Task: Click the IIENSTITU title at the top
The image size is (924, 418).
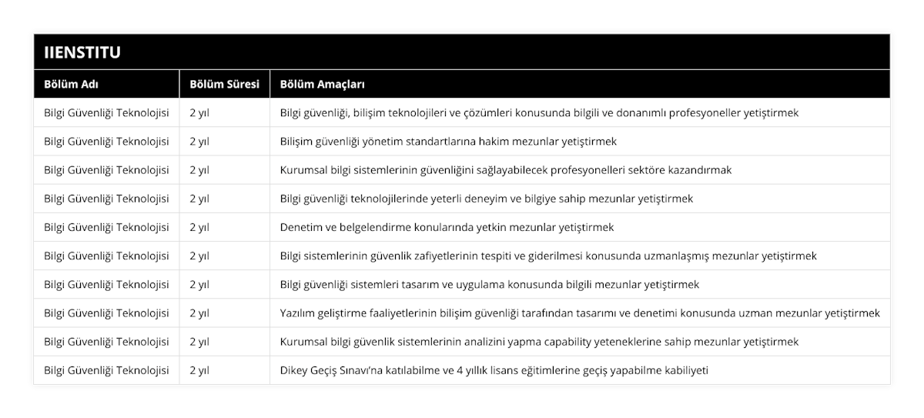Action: tap(82, 52)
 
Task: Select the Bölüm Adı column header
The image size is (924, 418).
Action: tap(71, 84)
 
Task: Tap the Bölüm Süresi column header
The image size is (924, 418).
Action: tap(224, 84)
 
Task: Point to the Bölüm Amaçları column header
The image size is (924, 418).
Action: tap(323, 84)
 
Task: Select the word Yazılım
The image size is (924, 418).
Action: tap(300, 313)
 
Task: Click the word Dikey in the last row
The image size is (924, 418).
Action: tap(294, 370)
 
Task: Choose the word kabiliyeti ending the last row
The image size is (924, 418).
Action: tap(684, 370)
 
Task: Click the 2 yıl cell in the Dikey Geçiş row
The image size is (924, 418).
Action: tap(199, 370)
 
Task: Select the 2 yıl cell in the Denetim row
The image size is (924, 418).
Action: tap(199, 227)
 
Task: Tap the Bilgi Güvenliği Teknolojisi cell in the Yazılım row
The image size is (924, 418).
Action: tap(106, 313)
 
